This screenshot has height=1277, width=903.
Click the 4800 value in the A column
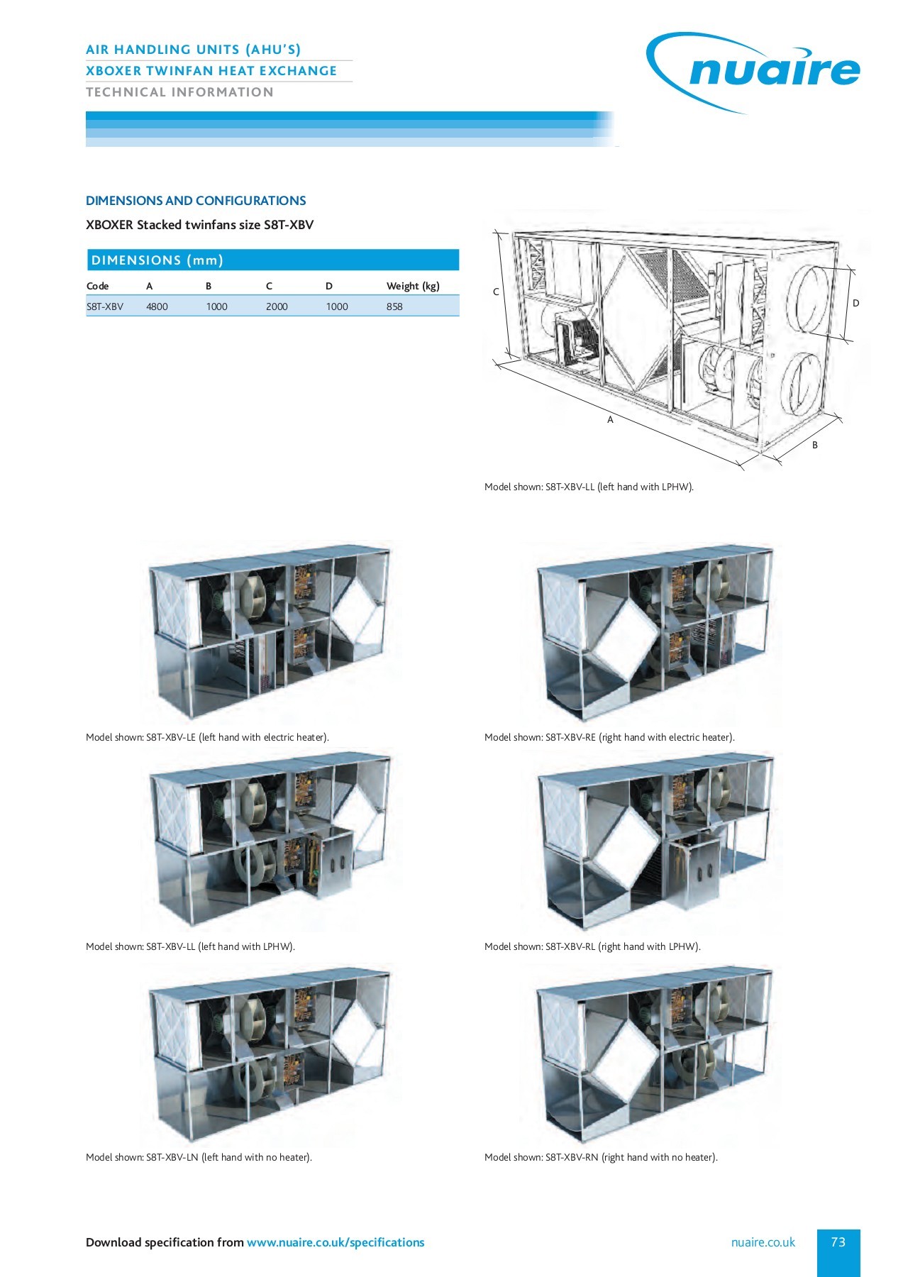pyautogui.click(x=157, y=306)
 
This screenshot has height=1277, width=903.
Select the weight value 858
pyautogui.click(x=394, y=306)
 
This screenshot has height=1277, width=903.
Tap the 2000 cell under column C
pyautogui.click(x=277, y=306)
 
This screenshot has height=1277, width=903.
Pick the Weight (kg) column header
pyautogui.click(x=413, y=286)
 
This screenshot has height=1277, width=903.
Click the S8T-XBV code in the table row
pyautogui.click(x=105, y=306)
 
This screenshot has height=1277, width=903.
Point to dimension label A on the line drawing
pyautogui.click(x=610, y=420)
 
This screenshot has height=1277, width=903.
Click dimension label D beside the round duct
pyautogui.click(x=855, y=303)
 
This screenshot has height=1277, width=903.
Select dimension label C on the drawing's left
pyautogui.click(x=496, y=292)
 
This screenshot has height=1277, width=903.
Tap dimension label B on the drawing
pyautogui.click(x=815, y=445)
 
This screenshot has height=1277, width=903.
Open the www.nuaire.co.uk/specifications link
pyautogui.click(x=335, y=1242)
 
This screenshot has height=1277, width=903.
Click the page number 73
pyautogui.click(x=838, y=1242)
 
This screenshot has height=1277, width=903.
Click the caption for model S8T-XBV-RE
pyautogui.click(x=609, y=737)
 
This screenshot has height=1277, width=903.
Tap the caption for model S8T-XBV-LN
pyautogui.click(x=199, y=1157)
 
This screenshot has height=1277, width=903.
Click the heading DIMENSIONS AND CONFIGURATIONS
pyautogui.click(x=196, y=201)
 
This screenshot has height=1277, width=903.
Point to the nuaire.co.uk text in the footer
pyautogui.click(x=763, y=1242)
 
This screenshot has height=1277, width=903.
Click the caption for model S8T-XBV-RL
pyautogui.click(x=592, y=946)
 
